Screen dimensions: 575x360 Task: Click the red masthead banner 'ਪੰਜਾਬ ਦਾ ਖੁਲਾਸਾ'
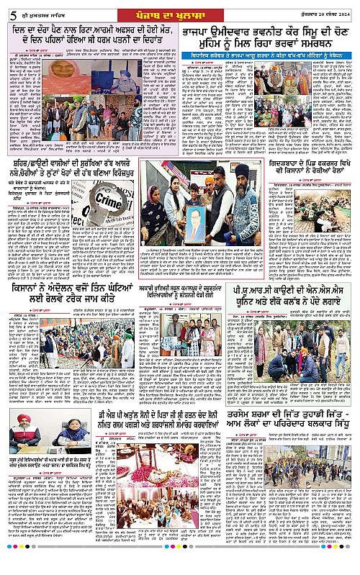179,9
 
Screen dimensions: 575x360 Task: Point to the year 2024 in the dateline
350,9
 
